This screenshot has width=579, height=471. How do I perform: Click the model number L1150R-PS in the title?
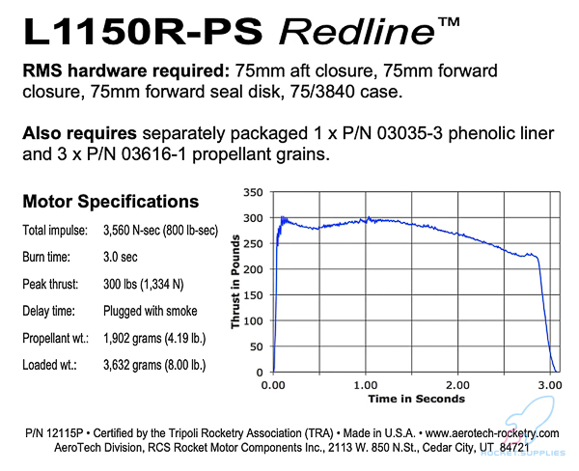(139, 33)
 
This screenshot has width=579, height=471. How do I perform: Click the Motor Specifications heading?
(110, 202)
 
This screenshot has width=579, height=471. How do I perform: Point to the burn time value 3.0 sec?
(124, 258)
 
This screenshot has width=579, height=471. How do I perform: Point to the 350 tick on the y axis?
(254, 192)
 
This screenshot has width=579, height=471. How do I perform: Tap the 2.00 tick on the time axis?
(459, 384)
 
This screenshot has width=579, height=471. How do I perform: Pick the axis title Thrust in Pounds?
(234, 281)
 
